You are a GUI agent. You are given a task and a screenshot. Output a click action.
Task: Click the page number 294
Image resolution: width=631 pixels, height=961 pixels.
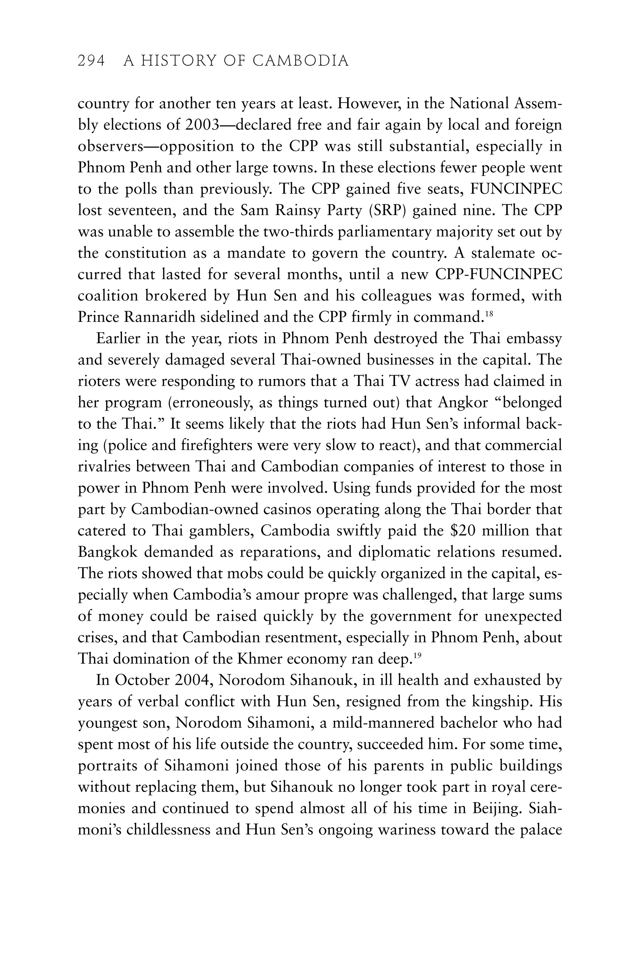coord(91,61)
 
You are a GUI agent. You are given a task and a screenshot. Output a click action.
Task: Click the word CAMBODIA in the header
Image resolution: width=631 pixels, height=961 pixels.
coord(301,61)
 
